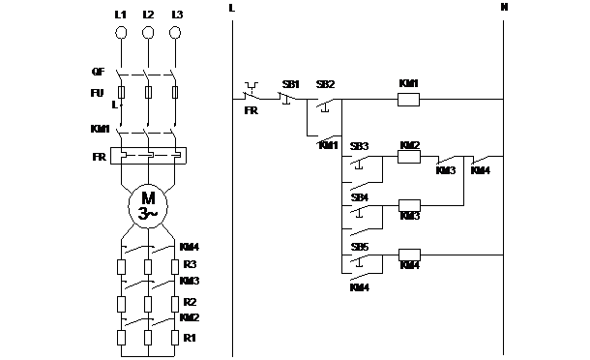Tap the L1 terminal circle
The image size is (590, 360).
coord(121,33)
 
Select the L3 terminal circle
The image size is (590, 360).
coord(175,33)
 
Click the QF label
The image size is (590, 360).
coord(98,71)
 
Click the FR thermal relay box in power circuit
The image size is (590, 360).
coord(148,155)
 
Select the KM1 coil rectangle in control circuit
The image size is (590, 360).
coord(408,99)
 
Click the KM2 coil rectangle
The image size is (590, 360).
coord(409,159)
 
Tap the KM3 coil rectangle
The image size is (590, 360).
coord(409,206)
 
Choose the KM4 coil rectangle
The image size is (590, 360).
coord(409,255)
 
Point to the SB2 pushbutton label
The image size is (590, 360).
coord(325,84)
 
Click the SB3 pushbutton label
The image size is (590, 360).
coord(359,145)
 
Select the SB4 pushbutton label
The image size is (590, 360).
coord(359,196)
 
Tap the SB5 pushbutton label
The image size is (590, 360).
coord(359,246)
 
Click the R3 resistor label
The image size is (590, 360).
coord(191,264)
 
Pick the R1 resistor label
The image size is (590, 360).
coord(190,338)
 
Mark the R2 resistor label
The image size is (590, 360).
coord(190,301)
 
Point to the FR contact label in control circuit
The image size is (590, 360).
coord(251,112)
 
